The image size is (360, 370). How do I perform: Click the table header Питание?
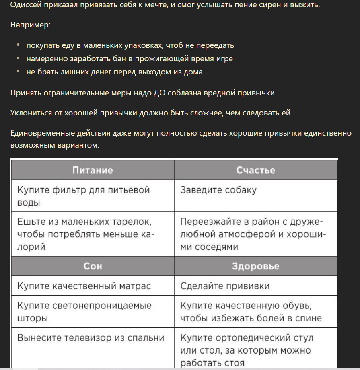[x=93, y=170]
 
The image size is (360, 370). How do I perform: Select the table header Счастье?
[x=255, y=170]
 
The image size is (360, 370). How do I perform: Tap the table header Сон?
[x=93, y=266]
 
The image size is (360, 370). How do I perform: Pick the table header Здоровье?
[x=255, y=266]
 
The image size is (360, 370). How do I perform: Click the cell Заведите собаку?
[x=218, y=190]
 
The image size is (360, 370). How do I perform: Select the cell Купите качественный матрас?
[x=84, y=286]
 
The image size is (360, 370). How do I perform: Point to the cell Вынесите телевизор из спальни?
[x=91, y=338]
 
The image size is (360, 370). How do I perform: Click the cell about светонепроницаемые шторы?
[x=84, y=312]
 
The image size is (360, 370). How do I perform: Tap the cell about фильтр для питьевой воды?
[x=83, y=196]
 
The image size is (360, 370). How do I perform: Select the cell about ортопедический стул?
[x=247, y=350]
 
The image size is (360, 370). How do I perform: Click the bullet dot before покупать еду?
[x=18, y=45]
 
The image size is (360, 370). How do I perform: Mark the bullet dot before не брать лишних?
[x=18, y=72]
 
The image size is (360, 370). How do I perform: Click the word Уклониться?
[x=31, y=113]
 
